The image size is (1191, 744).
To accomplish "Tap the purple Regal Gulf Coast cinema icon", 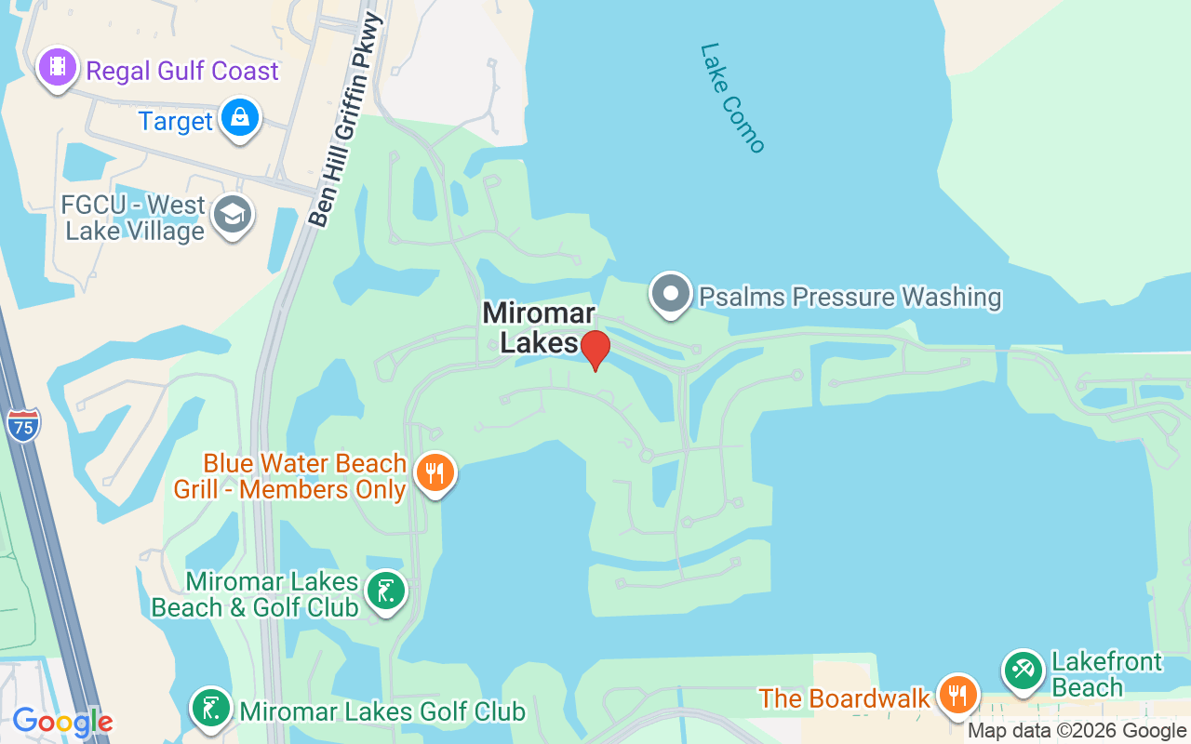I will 59,67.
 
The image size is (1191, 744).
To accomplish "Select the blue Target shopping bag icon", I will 240,118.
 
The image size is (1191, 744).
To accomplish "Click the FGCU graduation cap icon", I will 232,215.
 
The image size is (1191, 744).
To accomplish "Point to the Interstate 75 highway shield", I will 22,423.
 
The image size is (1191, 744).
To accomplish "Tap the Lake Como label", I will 732,98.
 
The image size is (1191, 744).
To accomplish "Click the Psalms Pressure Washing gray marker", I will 670,293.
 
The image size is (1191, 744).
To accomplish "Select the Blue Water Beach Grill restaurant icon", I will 435,472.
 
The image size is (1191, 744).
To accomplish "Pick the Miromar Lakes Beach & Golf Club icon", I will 385,591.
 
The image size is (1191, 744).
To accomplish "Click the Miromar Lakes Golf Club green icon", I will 211,709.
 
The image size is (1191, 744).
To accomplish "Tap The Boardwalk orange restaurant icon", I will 957,694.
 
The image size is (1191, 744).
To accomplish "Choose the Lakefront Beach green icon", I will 1024,670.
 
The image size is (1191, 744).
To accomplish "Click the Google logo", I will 62,722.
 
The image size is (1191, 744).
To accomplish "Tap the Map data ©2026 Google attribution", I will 1077,731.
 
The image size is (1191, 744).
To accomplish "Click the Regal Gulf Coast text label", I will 182,72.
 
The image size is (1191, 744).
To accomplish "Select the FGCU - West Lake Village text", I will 134,218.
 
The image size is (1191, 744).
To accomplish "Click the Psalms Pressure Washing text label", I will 850,297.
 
